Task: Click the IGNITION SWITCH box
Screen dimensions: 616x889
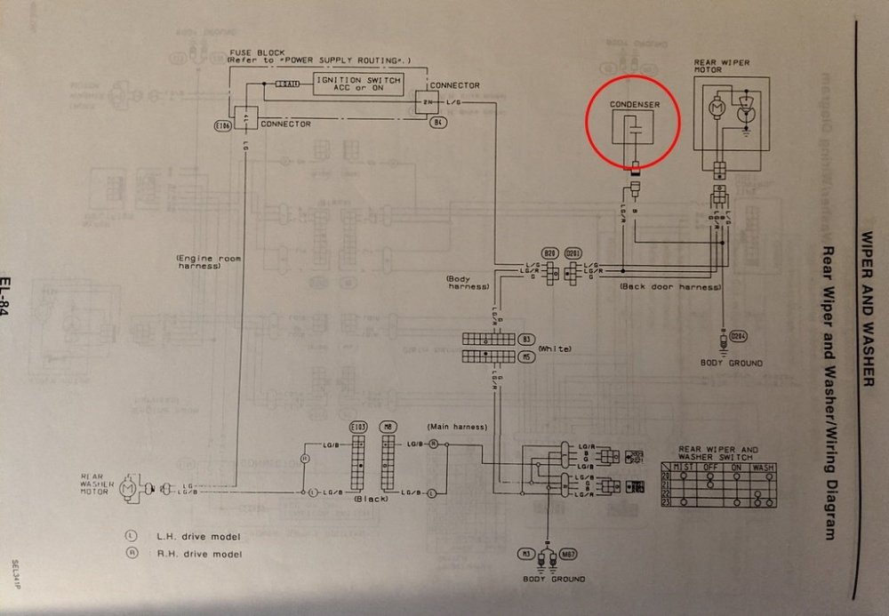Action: (x=356, y=84)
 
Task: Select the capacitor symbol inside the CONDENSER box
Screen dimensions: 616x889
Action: (x=632, y=130)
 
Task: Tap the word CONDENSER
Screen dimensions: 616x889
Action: (x=635, y=105)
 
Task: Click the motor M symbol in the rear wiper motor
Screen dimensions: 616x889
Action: (x=716, y=106)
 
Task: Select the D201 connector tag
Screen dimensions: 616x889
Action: (x=573, y=253)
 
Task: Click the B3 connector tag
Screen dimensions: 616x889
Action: (x=526, y=339)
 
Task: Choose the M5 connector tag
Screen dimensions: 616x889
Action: (x=526, y=356)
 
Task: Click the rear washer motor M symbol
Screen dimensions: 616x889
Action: (x=127, y=487)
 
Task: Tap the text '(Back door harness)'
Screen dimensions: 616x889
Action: (x=658, y=287)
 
